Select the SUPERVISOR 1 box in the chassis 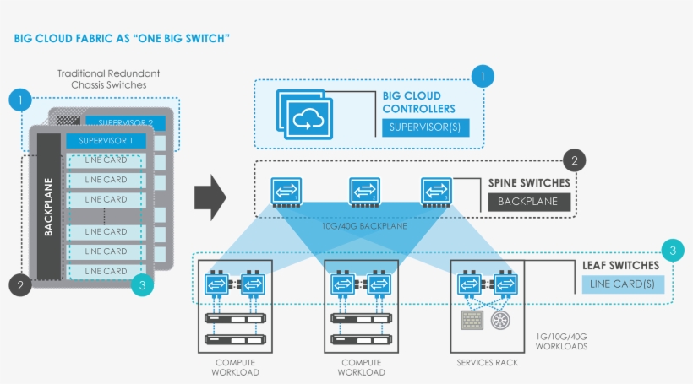106,140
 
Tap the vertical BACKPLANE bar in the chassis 48,218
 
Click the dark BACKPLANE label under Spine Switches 529,203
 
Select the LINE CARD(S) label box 622,284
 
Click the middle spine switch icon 364,192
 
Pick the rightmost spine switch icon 436,192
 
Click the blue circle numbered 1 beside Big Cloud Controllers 483,77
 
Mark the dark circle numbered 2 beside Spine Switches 574,160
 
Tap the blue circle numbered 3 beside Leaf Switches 671,250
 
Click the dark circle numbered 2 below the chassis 21,285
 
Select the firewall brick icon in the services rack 472,320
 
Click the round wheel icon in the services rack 502,320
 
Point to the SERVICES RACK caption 487,363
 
